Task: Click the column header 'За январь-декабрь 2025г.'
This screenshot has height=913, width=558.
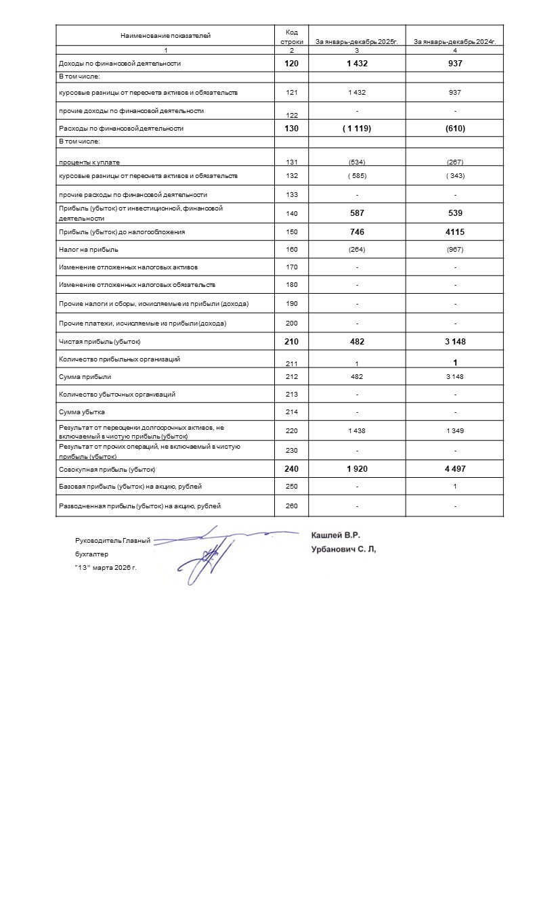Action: pos(356,42)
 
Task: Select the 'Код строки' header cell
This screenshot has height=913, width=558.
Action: pos(292,37)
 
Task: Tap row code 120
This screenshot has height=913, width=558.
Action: pos(292,64)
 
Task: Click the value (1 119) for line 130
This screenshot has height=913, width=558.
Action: pos(357,128)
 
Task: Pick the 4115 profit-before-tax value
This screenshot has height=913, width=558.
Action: pos(455,231)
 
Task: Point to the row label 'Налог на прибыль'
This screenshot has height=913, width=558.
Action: pos(89,250)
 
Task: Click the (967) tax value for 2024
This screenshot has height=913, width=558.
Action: pos(455,250)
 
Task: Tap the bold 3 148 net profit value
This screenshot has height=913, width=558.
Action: pos(455,342)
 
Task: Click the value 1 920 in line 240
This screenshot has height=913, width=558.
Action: pos(357,469)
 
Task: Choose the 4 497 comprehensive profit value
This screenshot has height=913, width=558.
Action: pos(455,469)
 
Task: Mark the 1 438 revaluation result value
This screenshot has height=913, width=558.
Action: pos(357,431)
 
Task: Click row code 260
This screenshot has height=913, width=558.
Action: pos(292,506)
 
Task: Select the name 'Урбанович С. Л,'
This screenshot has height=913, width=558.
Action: pos(343,550)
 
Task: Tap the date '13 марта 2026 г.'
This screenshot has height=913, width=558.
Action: pos(106,567)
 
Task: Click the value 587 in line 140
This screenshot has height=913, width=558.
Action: pos(357,213)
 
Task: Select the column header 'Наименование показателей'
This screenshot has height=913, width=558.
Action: pos(165,35)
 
